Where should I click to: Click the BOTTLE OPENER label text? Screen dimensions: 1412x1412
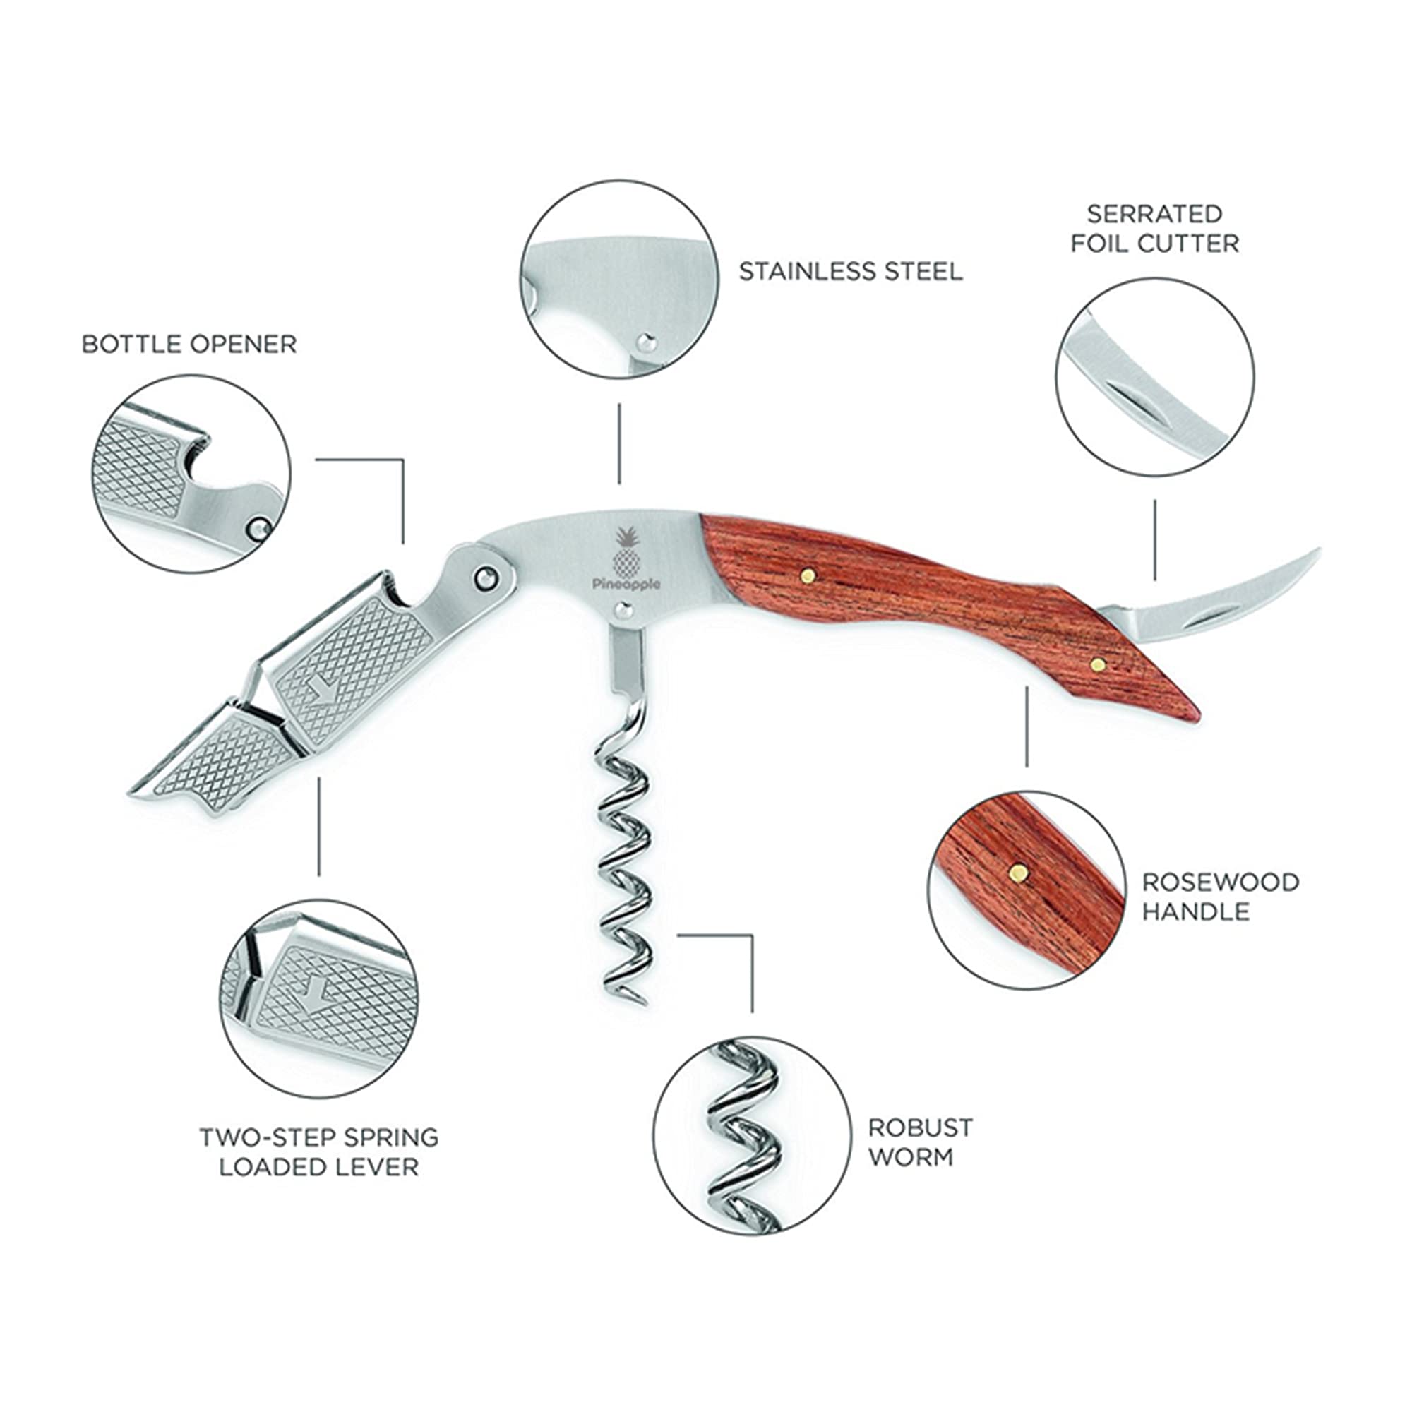[189, 344]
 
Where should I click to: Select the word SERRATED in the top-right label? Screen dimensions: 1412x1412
[1154, 213]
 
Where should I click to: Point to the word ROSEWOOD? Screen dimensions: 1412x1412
[1221, 881]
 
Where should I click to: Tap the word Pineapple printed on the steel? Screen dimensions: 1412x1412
[626, 584]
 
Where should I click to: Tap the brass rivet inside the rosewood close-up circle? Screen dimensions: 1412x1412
[1017, 871]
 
